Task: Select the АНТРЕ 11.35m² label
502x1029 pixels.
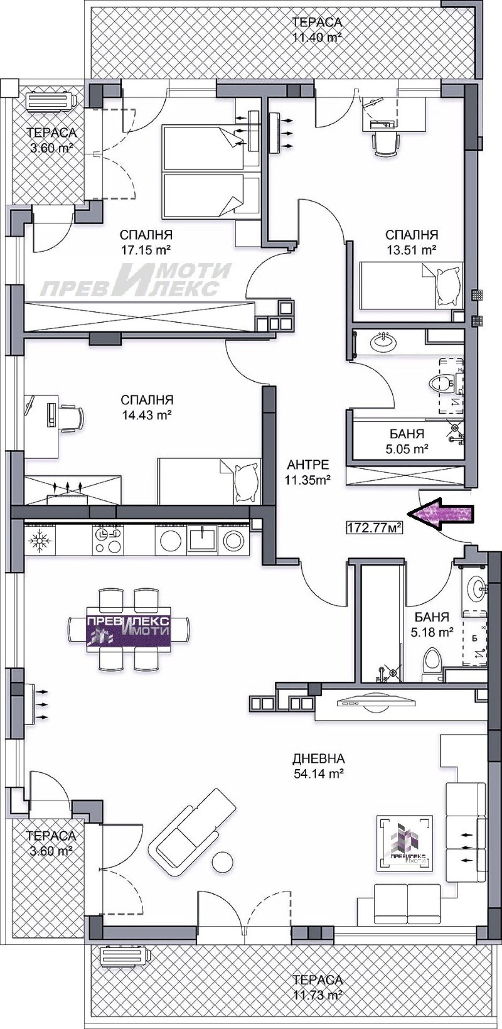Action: click(308, 472)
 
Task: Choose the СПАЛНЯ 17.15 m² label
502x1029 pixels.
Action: click(146, 242)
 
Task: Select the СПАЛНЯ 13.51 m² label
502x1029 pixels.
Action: click(411, 242)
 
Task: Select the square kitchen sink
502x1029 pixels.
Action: click(202, 539)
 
